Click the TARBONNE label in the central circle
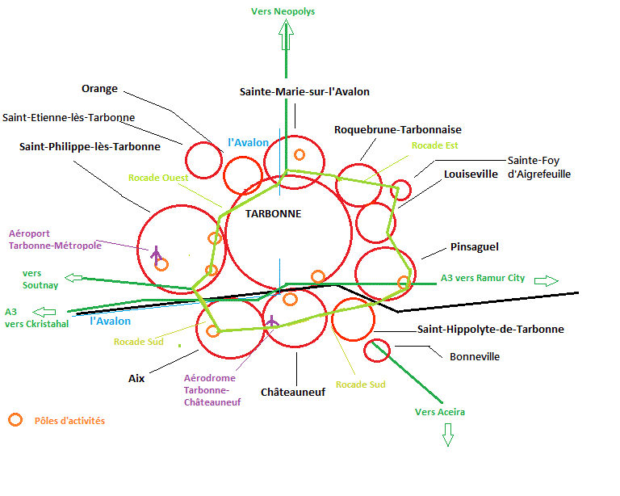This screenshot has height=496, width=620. click(273, 214)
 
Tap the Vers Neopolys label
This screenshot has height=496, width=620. click(283, 11)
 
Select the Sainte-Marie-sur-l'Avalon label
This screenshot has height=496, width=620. click(304, 91)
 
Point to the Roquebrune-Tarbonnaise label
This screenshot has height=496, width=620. click(398, 129)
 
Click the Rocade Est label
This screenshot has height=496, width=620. click(434, 145)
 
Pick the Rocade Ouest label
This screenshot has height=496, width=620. click(158, 178)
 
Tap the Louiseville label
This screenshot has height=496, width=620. click(471, 174)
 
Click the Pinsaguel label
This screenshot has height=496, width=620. click(471, 247)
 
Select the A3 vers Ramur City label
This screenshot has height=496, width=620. click(483, 278)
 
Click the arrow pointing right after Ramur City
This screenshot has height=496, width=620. click(547, 280)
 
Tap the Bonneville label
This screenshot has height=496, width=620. click(475, 356)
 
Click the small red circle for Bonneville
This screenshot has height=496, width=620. click(377, 350)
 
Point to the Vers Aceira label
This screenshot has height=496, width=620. click(440, 412)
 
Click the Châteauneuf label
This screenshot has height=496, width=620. click(293, 392)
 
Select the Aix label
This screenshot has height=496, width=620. click(136, 377)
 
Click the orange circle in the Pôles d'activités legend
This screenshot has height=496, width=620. click(15, 420)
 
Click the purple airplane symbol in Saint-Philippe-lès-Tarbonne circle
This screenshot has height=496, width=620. click(156, 254)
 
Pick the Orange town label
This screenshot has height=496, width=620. click(99, 89)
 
